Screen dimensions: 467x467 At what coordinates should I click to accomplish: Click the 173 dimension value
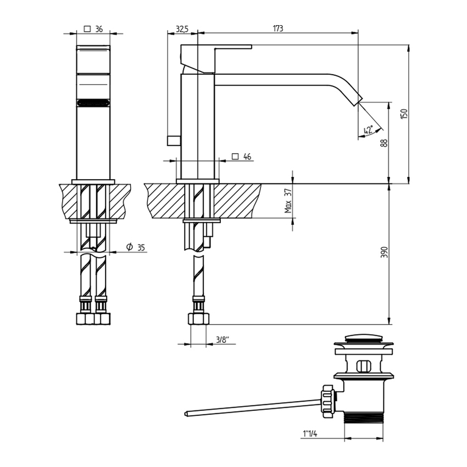277,29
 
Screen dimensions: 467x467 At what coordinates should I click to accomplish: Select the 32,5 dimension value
182,29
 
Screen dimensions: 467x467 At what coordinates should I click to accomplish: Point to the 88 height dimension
384,142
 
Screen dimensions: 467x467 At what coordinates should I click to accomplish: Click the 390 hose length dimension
384,252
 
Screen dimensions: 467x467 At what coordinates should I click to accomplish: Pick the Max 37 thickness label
287,201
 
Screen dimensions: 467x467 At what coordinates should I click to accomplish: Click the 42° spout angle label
368,131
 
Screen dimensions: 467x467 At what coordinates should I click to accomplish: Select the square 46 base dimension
242,157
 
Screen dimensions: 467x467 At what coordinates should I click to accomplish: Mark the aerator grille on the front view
93,103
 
